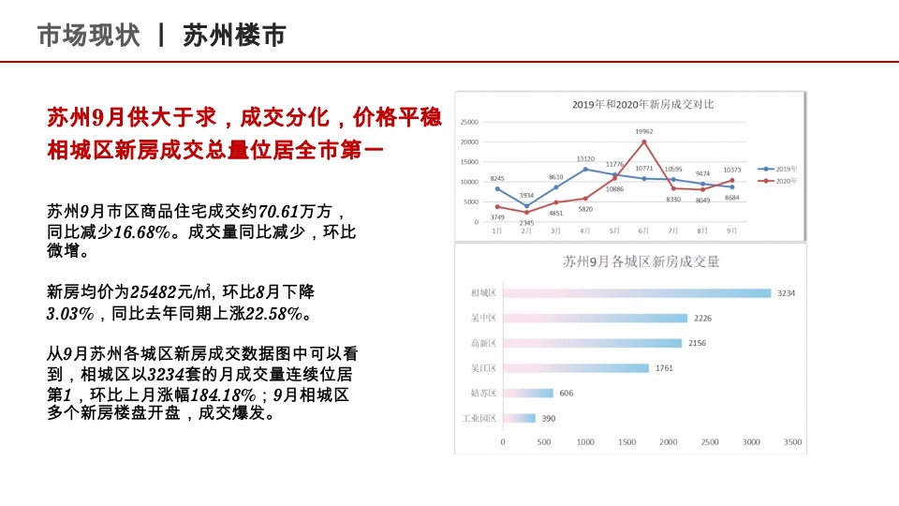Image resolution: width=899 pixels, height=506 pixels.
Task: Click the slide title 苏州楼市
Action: pos(234,36)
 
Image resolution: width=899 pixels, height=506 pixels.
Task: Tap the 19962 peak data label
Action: pos(643,132)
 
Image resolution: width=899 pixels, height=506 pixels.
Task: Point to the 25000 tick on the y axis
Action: pos(468,123)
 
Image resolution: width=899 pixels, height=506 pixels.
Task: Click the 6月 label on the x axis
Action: pos(642,231)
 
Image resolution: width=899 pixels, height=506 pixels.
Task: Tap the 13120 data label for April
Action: pos(585,159)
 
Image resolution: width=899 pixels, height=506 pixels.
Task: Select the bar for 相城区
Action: pos(637,293)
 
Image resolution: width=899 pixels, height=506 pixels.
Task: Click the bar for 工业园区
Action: pos(519,418)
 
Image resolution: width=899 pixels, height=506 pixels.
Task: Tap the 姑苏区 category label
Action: pos(483,394)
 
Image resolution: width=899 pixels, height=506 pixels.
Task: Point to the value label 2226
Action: pos(702,319)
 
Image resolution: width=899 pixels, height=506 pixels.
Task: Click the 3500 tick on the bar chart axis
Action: pos(792,441)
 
